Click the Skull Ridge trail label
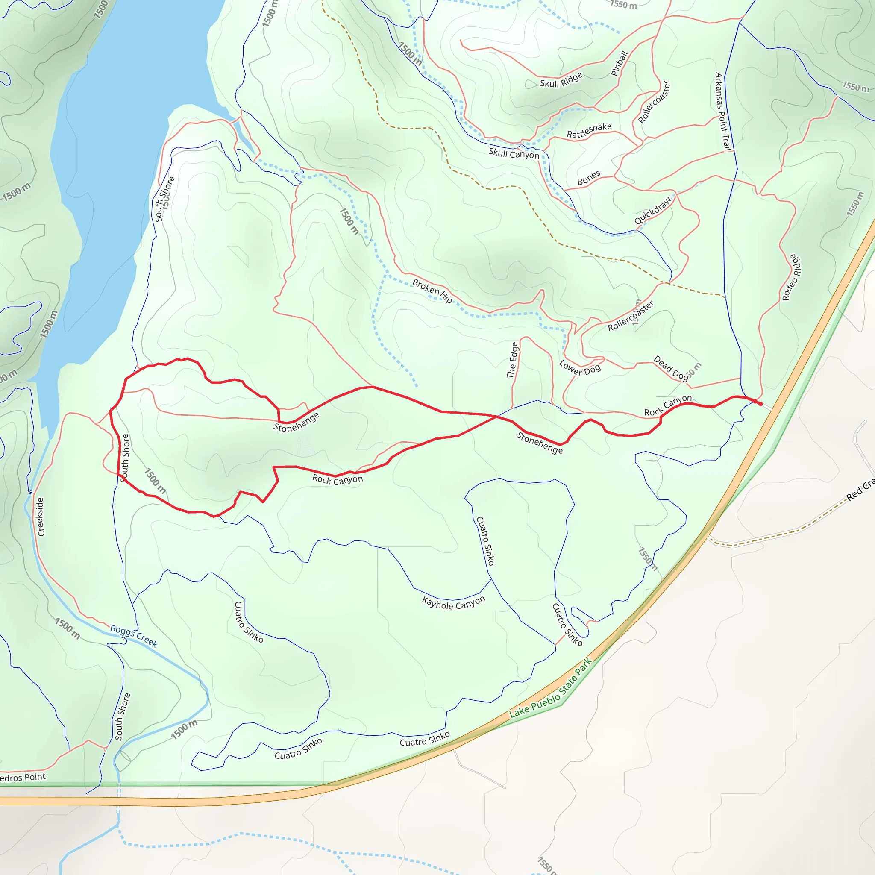(561, 81)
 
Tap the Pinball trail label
(619, 63)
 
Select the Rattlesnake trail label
(589, 130)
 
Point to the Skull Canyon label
(514, 154)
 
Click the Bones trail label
(588, 178)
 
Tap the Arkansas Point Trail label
(723, 112)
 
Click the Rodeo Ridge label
(792, 278)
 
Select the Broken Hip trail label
(432, 291)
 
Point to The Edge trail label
(512, 360)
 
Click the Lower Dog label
(579, 368)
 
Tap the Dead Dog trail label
(671, 367)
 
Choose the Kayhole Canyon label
(453, 603)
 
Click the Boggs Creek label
(134, 636)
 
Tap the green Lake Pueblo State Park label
(550, 688)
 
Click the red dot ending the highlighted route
(760, 403)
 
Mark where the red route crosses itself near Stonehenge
(496, 416)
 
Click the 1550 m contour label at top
(623, 5)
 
